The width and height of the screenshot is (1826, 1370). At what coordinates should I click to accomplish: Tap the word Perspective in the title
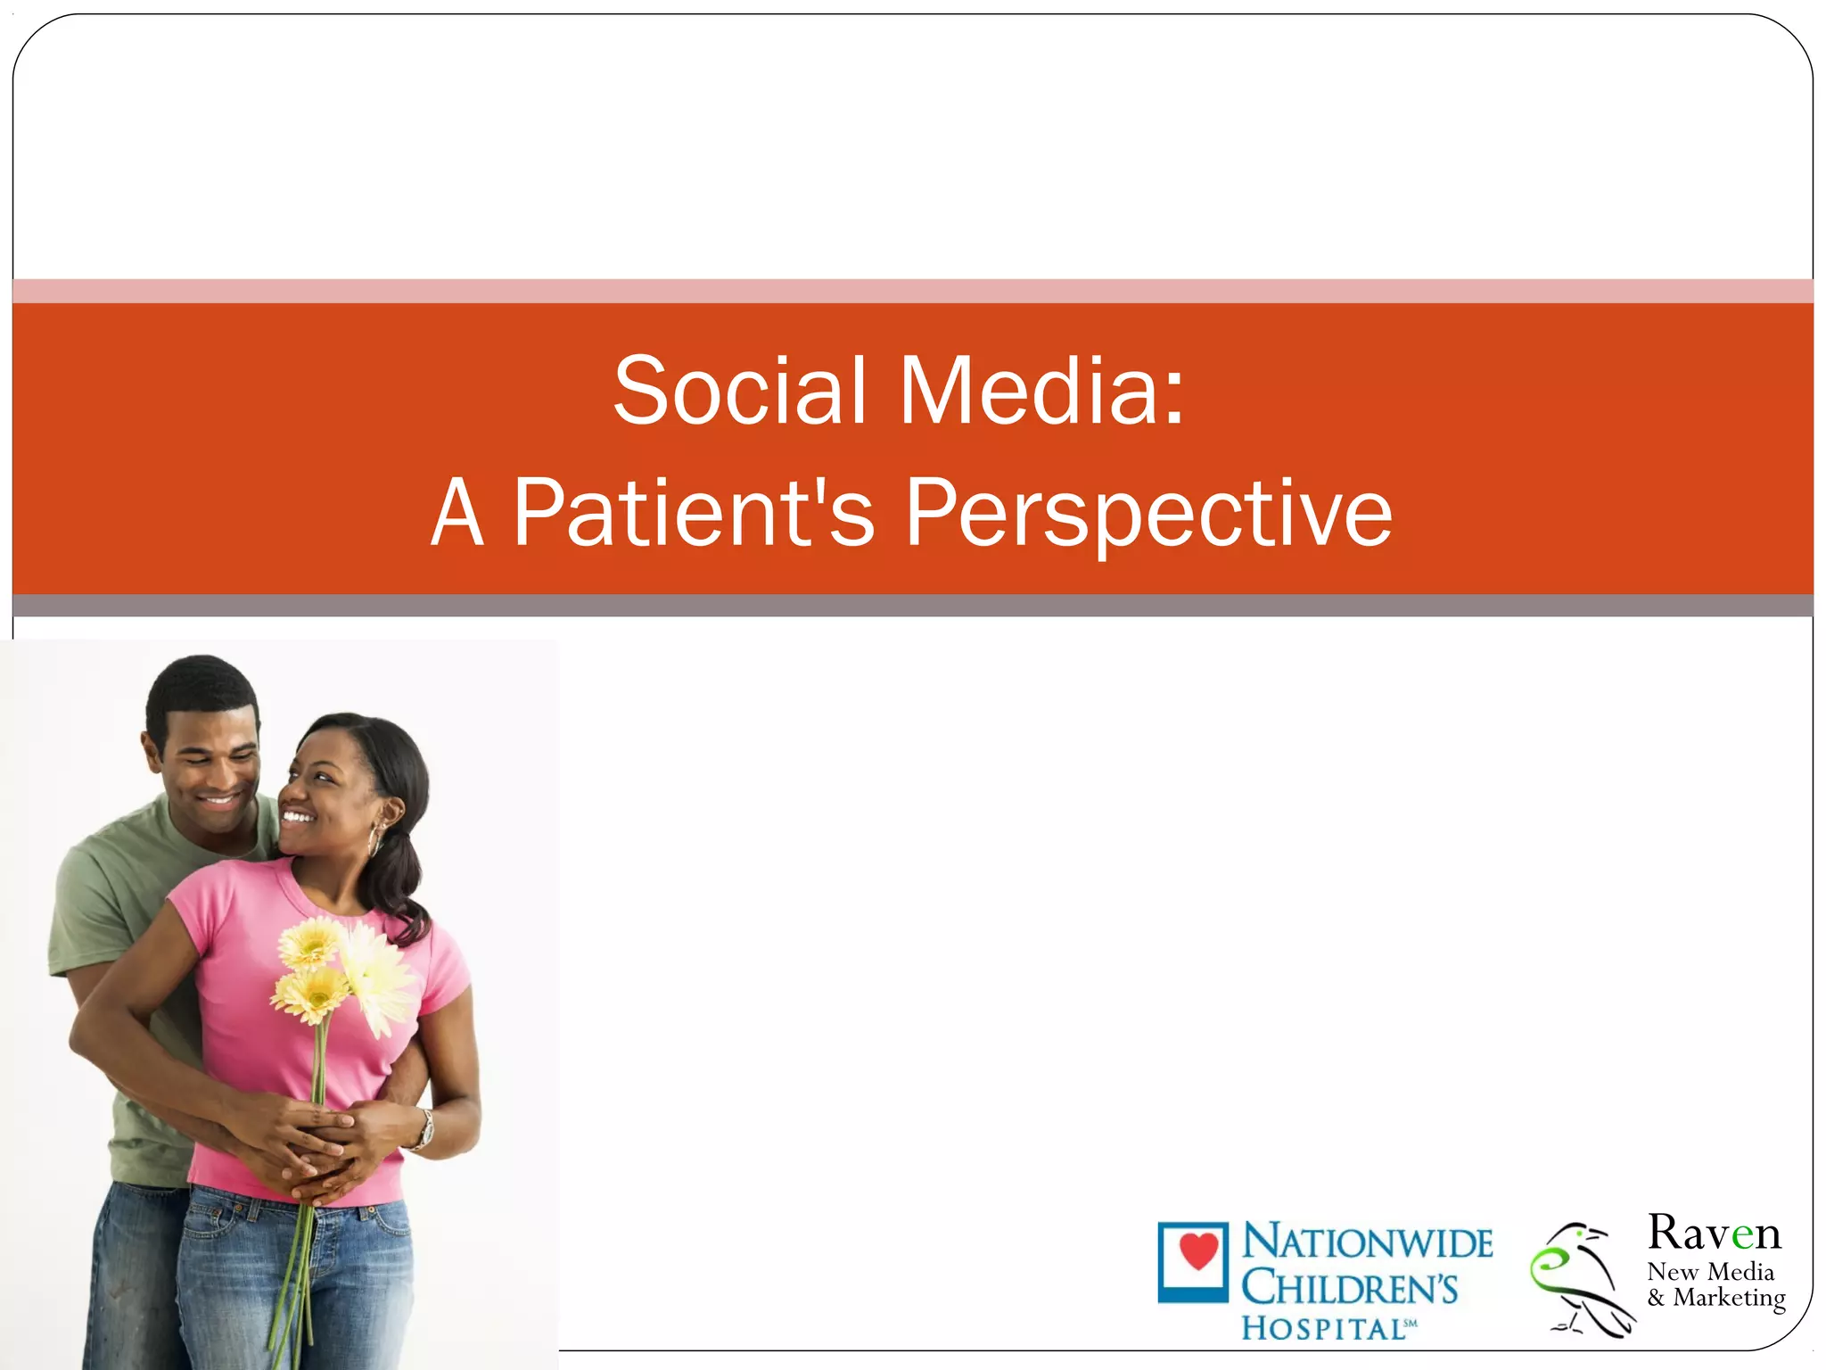pyautogui.click(x=1147, y=514)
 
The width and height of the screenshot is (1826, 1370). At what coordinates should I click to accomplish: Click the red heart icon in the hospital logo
pyautogui.click(x=1197, y=1252)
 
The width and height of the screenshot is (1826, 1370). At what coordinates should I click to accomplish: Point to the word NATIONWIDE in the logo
pyautogui.click(x=1367, y=1243)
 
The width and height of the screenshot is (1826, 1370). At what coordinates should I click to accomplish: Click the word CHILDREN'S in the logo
pyautogui.click(x=1350, y=1288)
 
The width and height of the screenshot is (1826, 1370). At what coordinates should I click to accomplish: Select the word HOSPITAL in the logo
pyautogui.click(x=1323, y=1328)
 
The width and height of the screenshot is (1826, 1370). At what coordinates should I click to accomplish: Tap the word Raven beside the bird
pyautogui.click(x=1713, y=1234)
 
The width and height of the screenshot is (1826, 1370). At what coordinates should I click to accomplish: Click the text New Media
pyautogui.click(x=1710, y=1271)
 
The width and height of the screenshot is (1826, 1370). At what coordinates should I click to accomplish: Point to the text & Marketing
pyautogui.click(x=1716, y=1298)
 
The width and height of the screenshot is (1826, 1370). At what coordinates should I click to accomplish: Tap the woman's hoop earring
pyautogui.click(x=375, y=841)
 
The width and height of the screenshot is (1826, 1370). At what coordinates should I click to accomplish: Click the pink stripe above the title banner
pyautogui.click(x=913, y=291)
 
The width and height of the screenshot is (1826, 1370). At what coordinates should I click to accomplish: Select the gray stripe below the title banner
pyautogui.click(x=913, y=606)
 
